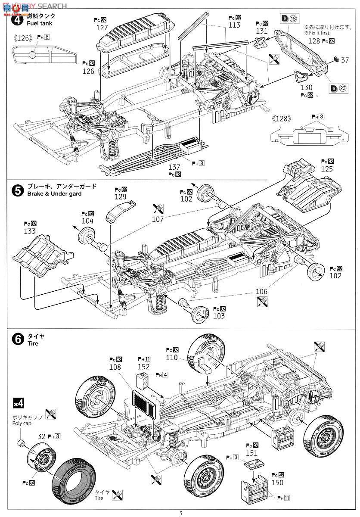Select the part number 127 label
coord(102,27)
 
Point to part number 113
coord(234,25)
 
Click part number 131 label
coord(261,31)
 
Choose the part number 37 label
coord(344,61)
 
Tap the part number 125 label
coord(327,169)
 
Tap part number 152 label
coord(143,367)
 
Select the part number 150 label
coord(277,483)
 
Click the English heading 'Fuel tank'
coord(39,23)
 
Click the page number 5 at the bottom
coord(181,513)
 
